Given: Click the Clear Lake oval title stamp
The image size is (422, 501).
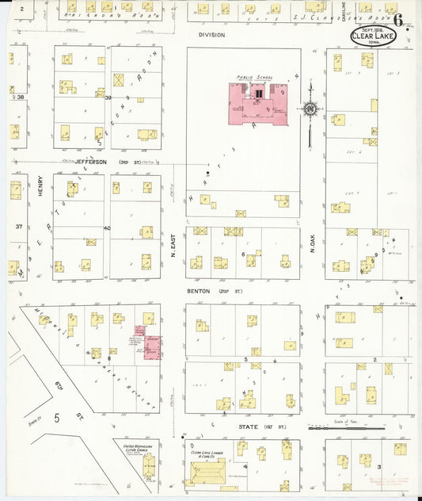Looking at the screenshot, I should tap(371, 35).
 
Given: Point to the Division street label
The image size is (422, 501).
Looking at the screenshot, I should tap(211, 36).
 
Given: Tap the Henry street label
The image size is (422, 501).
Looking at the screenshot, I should tap(40, 186).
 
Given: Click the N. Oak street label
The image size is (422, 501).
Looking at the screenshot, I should tap(313, 250).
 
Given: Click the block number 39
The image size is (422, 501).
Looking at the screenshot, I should tap(108, 98).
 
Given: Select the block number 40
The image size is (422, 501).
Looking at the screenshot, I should tap(107, 228).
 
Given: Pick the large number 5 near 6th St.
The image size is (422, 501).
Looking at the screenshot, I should tap(57, 416).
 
